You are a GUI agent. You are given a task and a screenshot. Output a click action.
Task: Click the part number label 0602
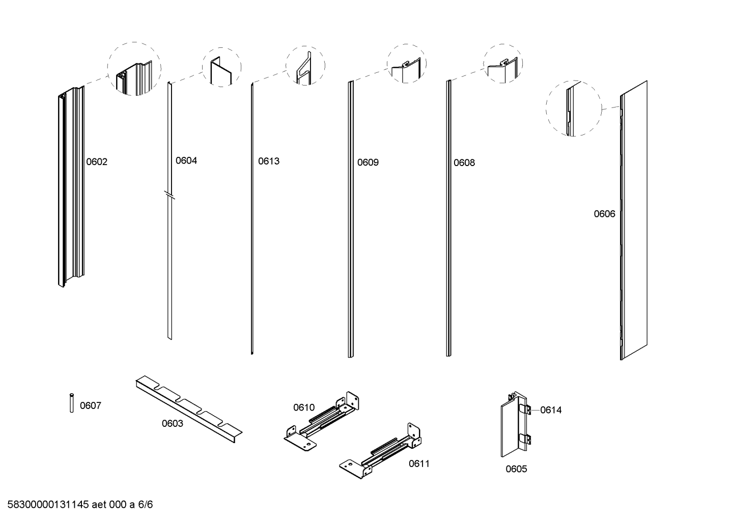point(97,162)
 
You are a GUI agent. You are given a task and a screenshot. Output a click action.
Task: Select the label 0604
point(186,160)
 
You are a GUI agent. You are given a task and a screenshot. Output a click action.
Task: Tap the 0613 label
point(269,161)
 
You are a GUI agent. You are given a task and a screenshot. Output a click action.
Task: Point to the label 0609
point(368,162)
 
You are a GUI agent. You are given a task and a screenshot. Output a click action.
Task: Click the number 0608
point(464,162)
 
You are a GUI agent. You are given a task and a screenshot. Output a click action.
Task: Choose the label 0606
point(604,214)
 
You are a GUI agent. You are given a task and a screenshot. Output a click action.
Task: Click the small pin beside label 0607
point(72,402)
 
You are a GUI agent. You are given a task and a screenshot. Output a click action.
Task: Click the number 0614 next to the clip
point(551,410)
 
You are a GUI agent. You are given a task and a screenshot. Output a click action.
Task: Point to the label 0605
point(516,469)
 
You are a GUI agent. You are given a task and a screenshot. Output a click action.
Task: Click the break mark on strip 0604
point(170,195)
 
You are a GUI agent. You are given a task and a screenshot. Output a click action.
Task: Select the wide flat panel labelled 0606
point(634,219)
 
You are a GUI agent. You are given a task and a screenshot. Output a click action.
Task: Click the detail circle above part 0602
point(134,69)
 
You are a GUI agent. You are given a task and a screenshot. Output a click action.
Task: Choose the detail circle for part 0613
point(305,66)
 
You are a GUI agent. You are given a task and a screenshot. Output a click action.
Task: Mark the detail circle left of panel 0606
point(574,107)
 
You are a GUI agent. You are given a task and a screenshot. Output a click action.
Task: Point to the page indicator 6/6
point(145,505)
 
